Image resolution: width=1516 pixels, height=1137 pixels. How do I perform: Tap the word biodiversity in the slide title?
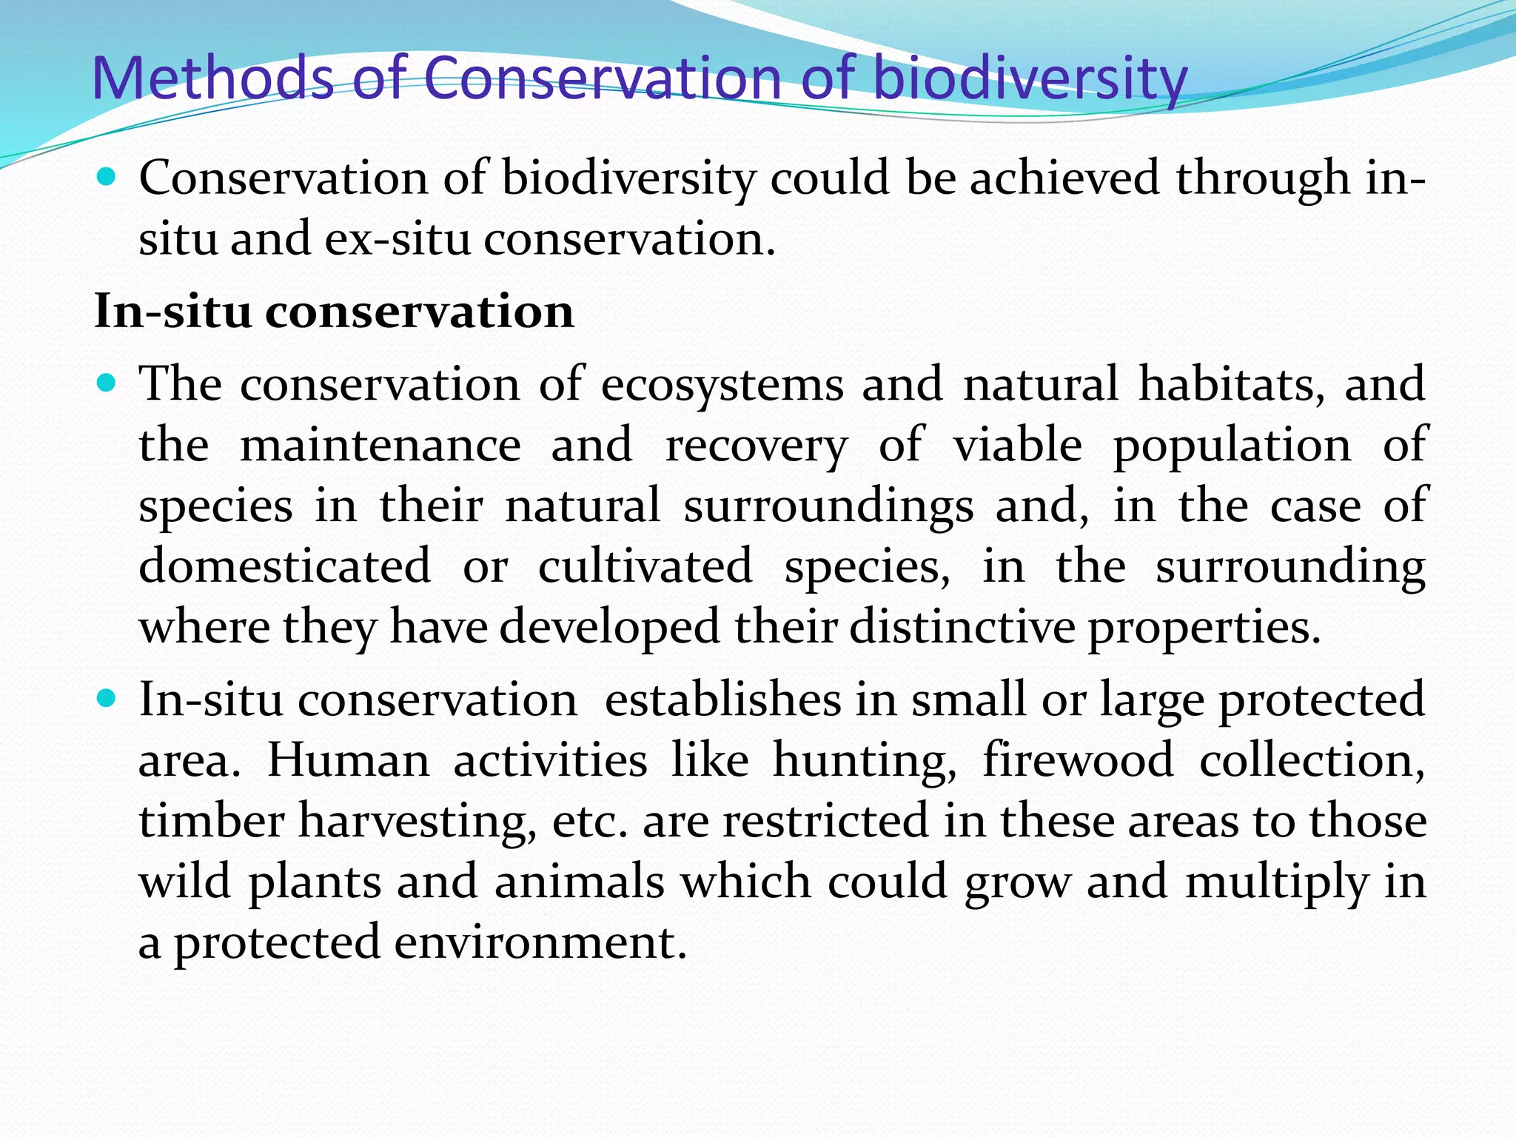click(1030, 78)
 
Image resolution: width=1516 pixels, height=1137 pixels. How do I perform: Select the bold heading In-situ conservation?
click(334, 312)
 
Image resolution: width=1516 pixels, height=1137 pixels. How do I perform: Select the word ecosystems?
click(722, 385)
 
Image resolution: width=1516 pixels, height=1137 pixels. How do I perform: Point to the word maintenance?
click(380, 446)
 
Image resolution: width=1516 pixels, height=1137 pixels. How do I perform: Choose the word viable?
click(1017, 446)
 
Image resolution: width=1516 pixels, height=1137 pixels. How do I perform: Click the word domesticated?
click(284, 567)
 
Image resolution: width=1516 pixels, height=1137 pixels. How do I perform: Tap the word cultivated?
click(645, 567)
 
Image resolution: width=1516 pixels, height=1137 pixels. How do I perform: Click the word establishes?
click(722, 700)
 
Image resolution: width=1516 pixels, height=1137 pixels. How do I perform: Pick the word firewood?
click(1078, 761)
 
